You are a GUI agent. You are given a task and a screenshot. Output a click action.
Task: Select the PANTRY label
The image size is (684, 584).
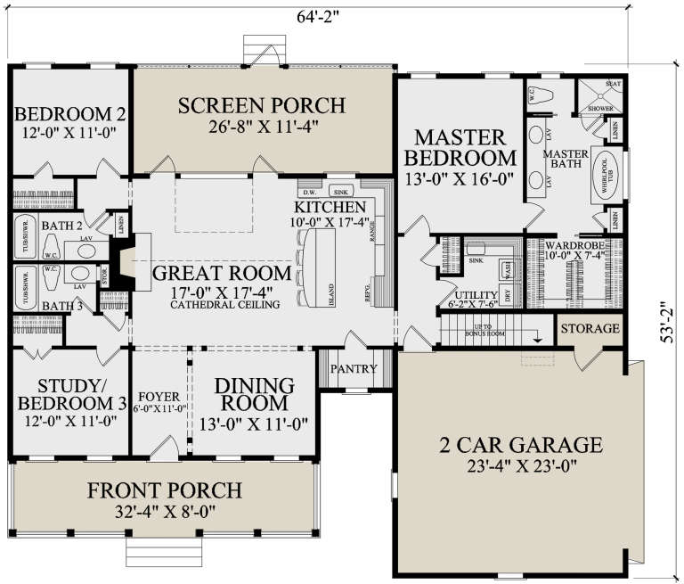pos(354,369)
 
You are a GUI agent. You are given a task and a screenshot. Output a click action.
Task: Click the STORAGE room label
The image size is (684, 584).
pos(589,329)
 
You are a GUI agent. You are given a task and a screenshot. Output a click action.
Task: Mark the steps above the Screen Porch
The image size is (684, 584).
pos(263,52)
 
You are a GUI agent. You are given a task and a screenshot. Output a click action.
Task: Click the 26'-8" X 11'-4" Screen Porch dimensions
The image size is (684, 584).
pos(263,127)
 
